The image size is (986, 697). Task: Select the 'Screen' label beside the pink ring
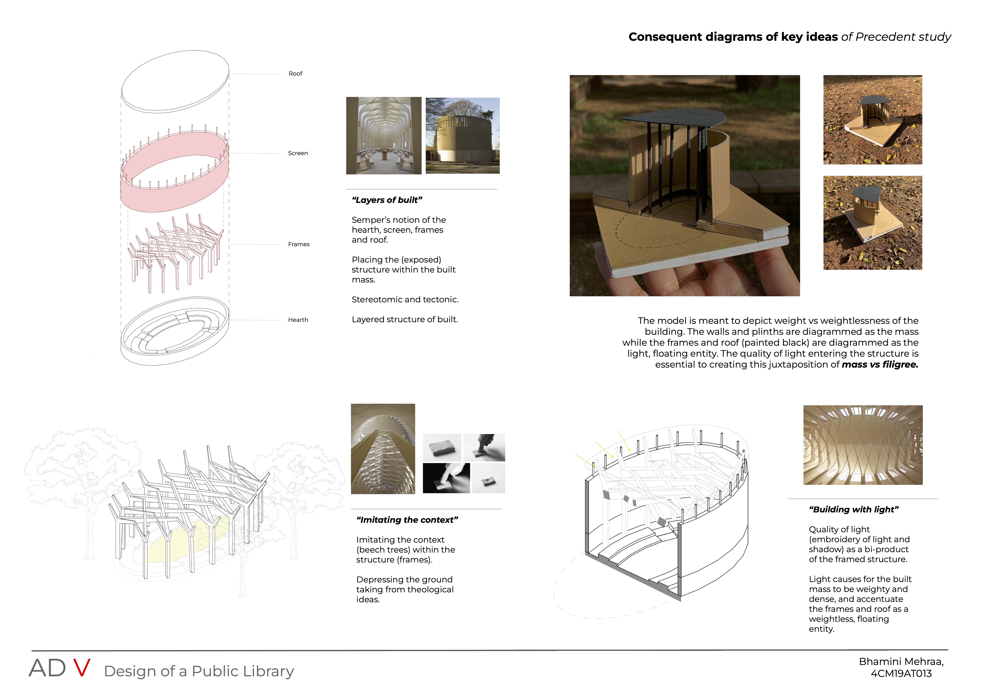pos(298,153)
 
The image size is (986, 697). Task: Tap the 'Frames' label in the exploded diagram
pos(299,244)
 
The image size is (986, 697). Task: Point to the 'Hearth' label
pos(298,320)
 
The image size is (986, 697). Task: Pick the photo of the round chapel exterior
pos(463,136)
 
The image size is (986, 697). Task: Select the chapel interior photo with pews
pos(383,136)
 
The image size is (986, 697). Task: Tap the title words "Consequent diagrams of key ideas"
pos(733,37)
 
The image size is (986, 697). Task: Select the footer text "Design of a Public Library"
pos(199,671)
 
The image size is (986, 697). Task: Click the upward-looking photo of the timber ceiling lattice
pos(863,445)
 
